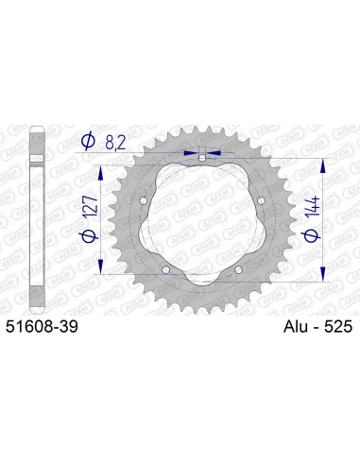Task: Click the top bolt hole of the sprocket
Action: click(x=201, y=158)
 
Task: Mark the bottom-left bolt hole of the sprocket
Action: click(x=165, y=269)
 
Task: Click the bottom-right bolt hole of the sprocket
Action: click(x=237, y=269)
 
